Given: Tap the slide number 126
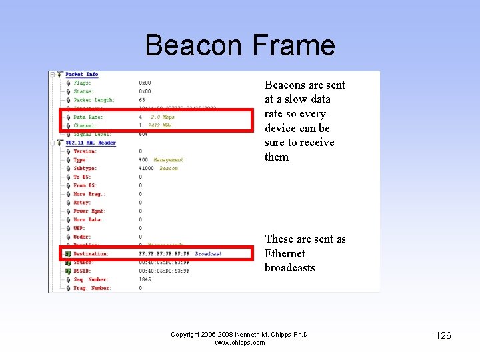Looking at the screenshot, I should (x=443, y=335).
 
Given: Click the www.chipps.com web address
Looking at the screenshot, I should (x=240, y=343).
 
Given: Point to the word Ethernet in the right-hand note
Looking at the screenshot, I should (x=285, y=253).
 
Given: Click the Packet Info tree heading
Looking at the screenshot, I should (x=82, y=74).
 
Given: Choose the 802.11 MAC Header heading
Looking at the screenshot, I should (x=91, y=143).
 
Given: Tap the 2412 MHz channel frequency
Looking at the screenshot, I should (x=160, y=125).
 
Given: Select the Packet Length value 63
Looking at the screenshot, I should (x=142, y=100).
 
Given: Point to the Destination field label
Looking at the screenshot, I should (x=91, y=254).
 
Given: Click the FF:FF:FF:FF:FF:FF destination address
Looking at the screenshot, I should (x=164, y=254).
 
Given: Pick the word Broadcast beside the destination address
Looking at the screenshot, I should (x=209, y=254).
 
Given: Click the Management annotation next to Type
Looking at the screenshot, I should (x=168, y=160).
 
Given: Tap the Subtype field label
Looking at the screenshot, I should (x=85, y=169).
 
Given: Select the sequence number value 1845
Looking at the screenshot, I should (x=145, y=279).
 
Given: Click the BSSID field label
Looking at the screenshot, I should (x=82, y=271).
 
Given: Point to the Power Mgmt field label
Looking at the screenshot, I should (x=89, y=211).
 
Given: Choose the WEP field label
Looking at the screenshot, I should (x=79, y=228).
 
